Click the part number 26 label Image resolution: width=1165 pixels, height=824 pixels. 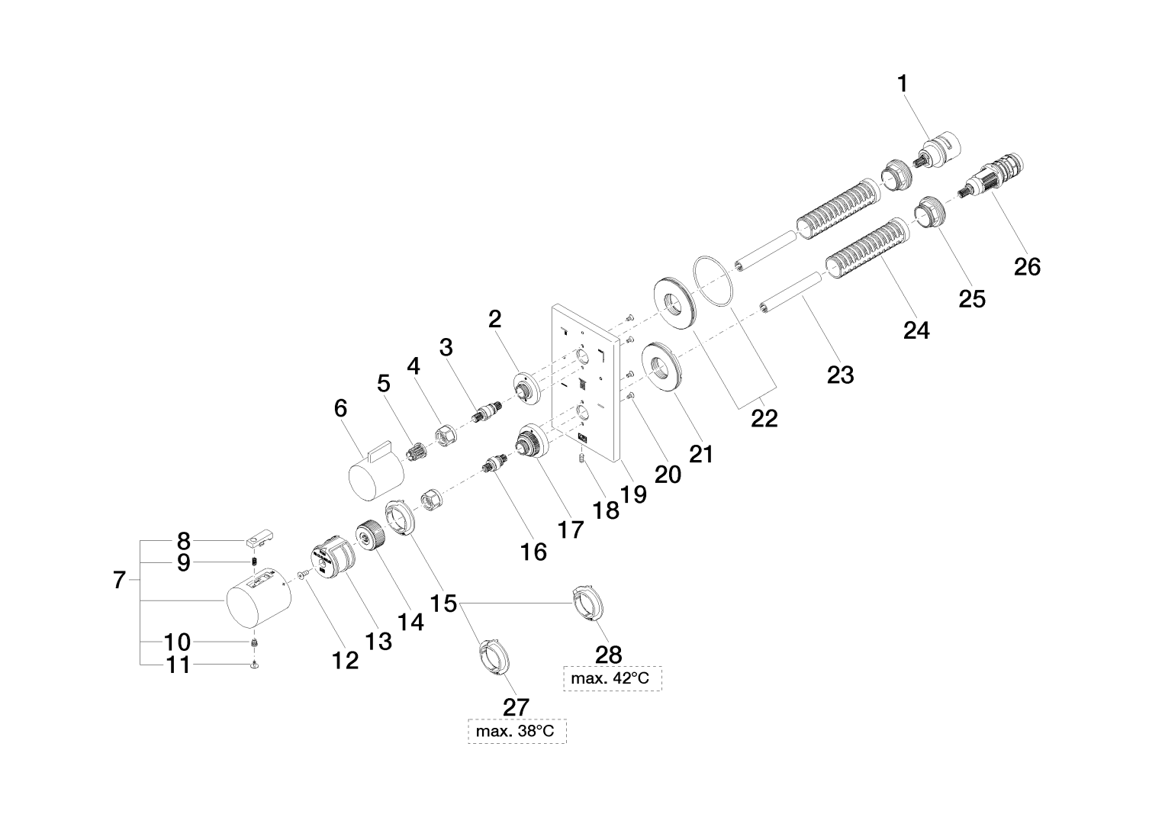pos(1027,266)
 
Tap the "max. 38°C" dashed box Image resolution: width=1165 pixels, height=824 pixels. pos(517,732)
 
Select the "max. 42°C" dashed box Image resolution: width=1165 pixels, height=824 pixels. pos(612,678)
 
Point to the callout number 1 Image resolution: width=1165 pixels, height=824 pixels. pos(903,84)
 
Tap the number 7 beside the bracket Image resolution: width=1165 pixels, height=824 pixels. pos(118,581)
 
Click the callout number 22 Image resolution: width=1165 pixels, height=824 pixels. pos(764,417)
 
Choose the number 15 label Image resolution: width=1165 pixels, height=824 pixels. pos(443,604)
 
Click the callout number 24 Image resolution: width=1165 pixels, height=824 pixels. pos(916,330)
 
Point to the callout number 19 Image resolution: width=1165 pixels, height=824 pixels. pos(634,494)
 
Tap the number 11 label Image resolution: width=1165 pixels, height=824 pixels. pos(179,665)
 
